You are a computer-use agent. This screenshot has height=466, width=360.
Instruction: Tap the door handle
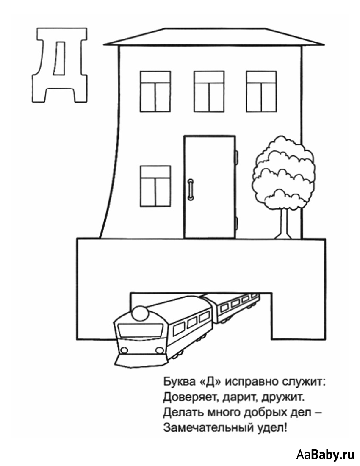pyautogui.click(x=191, y=190)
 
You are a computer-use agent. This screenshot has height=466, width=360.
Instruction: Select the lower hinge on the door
pyautogui.click(x=237, y=223)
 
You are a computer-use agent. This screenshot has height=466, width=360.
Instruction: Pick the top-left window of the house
pyautogui.click(x=155, y=92)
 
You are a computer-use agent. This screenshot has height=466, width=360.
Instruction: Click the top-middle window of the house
pyautogui.click(x=209, y=92)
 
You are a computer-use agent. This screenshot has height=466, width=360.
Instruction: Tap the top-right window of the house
pyautogui.click(x=261, y=92)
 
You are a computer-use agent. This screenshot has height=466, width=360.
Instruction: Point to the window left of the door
pyautogui.click(x=155, y=186)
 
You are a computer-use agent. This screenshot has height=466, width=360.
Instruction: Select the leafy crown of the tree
pyautogui.click(x=283, y=173)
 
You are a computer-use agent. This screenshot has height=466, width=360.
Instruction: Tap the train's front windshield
pyautogui.click(x=141, y=330)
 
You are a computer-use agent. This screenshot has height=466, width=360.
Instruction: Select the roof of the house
pyautogui.click(x=214, y=37)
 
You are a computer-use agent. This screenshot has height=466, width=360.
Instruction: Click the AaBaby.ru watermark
pyautogui.click(x=326, y=454)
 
